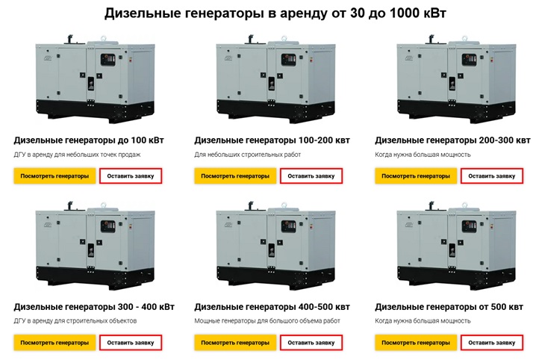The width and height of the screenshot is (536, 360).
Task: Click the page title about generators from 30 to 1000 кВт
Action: [x=275, y=13]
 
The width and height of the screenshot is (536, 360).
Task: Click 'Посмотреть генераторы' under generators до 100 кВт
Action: [x=54, y=176]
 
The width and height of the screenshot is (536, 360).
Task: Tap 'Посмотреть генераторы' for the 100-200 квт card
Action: [x=235, y=176]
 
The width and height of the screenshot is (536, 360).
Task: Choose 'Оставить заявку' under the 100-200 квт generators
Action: [x=311, y=176]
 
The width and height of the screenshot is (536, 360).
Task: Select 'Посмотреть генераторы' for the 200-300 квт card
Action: [x=416, y=176]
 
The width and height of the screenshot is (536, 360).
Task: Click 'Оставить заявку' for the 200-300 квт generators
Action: [x=491, y=176]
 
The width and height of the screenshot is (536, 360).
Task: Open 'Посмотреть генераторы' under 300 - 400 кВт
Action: [x=54, y=343]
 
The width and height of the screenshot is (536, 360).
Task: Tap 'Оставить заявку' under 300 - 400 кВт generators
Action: [x=131, y=343]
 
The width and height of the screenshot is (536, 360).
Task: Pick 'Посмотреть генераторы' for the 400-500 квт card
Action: [x=235, y=343]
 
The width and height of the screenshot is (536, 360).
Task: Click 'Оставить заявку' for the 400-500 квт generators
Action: [x=311, y=343]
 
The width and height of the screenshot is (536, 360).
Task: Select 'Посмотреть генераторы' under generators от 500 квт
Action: [x=416, y=343]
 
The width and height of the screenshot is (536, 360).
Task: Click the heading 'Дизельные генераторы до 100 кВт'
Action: [x=89, y=140]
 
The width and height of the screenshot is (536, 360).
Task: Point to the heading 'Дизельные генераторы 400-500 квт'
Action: [x=272, y=307]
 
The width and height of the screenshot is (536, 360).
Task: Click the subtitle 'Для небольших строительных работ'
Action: [x=248, y=155]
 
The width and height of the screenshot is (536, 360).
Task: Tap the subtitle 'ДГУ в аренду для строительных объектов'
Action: [x=75, y=321]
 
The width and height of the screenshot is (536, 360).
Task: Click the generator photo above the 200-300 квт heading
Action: [x=456, y=78]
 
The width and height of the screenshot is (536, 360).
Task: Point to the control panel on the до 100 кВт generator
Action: [x=107, y=60]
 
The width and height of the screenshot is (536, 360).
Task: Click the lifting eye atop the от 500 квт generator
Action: [x=464, y=205]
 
